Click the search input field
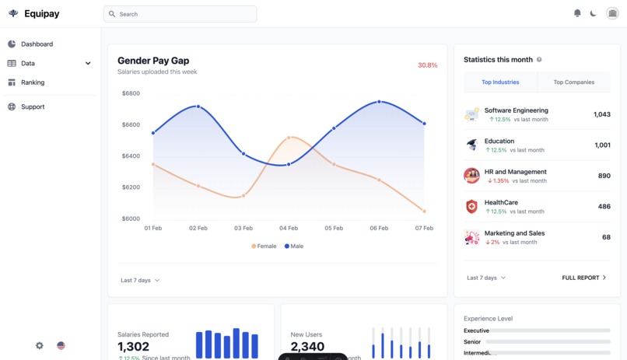[180, 14]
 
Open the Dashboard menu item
[37, 44]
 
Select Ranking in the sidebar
[33, 82]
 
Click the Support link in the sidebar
[33, 107]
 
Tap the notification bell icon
[577, 13]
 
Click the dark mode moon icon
[594, 13]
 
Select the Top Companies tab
[574, 82]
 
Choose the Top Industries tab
[499, 82]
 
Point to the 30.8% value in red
[427, 65]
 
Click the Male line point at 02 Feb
[198, 107]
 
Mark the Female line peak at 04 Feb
[289, 138]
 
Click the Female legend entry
[264, 246]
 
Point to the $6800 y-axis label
[131, 93]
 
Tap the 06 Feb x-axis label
[379, 229]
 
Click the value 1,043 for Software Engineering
[601, 115]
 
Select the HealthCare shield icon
[471, 206]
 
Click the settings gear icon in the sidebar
[40, 345]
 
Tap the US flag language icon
[61, 345]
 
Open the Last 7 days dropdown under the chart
[140, 280]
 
